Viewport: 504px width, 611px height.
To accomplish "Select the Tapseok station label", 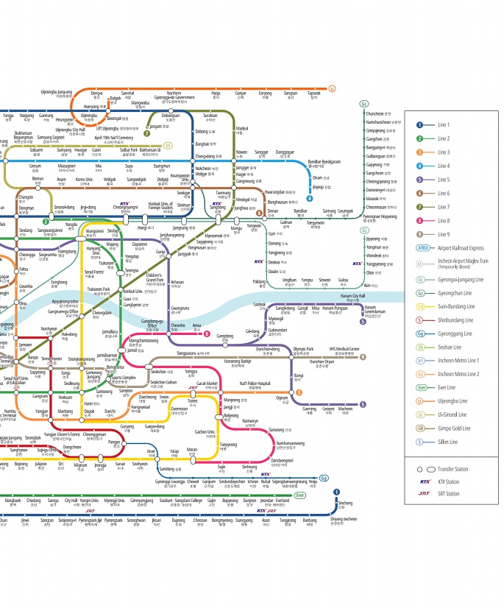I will pyautogui.click(x=314, y=95).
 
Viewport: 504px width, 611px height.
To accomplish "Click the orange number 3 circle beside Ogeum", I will pyautogui.click(x=299, y=392).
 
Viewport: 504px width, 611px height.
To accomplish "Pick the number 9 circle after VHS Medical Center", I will pyautogui.click(x=363, y=357).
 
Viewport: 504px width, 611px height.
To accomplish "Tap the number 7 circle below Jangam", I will pyautogui.click(x=147, y=133).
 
